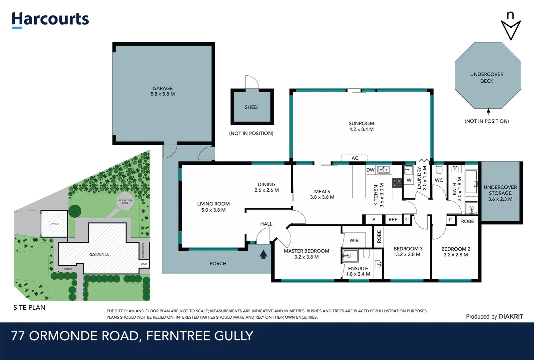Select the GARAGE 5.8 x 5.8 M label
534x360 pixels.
[x=163, y=91]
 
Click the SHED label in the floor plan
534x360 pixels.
[x=251, y=107]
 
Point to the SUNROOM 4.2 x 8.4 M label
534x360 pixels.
[x=361, y=126]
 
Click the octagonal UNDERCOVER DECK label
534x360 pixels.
[x=487, y=78]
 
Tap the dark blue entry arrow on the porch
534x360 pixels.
[x=264, y=255]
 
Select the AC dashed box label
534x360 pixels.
[x=355, y=158]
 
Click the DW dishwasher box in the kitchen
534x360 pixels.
[x=370, y=170]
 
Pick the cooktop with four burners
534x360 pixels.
[x=397, y=183]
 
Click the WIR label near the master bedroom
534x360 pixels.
[x=354, y=240]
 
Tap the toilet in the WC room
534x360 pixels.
[x=439, y=170]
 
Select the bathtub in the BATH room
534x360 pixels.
[x=471, y=182]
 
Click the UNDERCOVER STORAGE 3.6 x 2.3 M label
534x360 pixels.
[x=500, y=193]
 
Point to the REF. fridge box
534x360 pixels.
[x=393, y=220]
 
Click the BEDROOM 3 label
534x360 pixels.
[x=408, y=251]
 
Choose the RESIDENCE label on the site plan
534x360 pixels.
[x=99, y=254]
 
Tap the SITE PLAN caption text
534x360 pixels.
[x=29, y=308]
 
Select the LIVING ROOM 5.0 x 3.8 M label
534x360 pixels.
[x=213, y=207]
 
